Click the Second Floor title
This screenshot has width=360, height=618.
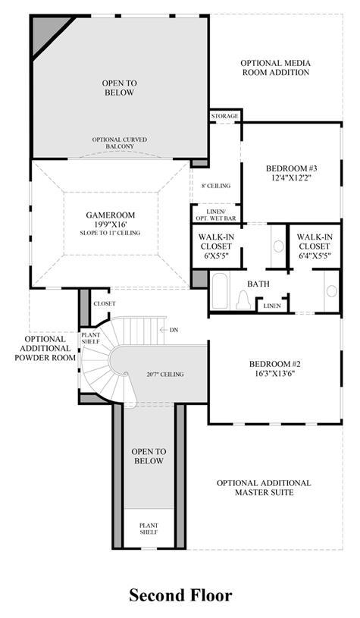(x=180, y=595)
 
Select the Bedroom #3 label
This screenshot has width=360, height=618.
(x=292, y=173)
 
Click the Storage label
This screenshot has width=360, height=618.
(x=224, y=116)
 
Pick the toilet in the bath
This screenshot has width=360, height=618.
(x=243, y=300)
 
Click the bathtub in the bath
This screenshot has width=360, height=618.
(x=221, y=290)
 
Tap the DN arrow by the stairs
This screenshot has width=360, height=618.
(x=164, y=330)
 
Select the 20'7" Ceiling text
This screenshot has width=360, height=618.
(x=165, y=374)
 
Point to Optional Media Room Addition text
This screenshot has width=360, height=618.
(x=275, y=67)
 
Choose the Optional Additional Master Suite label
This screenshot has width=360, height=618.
(x=264, y=488)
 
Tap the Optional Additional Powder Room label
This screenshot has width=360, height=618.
(x=45, y=348)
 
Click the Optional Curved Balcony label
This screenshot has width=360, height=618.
(x=119, y=143)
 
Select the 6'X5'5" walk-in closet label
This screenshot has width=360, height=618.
(x=215, y=246)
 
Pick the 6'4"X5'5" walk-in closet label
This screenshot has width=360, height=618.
(x=315, y=246)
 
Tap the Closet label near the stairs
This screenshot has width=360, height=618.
(x=105, y=303)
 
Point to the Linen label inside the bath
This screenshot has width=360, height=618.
(x=272, y=306)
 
